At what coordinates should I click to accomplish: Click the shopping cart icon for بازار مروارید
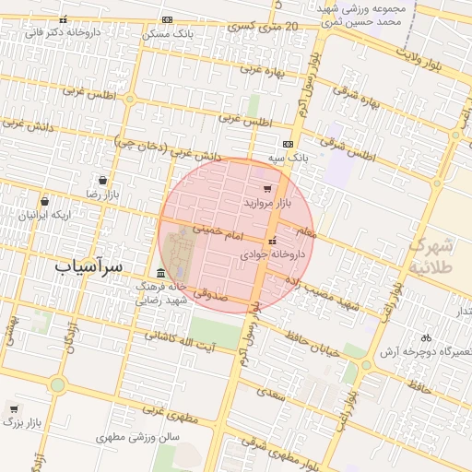[x=267, y=188]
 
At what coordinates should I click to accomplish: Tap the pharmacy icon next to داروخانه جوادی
[x=271, y=240]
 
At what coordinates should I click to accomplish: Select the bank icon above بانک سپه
[x=289, y=144]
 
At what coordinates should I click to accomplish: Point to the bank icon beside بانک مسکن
[x=167, y=19]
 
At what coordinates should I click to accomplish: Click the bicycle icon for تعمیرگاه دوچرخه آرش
[x=426, y=337]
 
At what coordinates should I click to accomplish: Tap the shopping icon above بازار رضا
[x=101, y=181]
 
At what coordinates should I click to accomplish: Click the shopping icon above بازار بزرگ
[x=13, y=407]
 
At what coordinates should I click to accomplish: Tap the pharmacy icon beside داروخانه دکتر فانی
[x=63, y=19]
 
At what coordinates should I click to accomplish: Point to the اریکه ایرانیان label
[x=34, y=214]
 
